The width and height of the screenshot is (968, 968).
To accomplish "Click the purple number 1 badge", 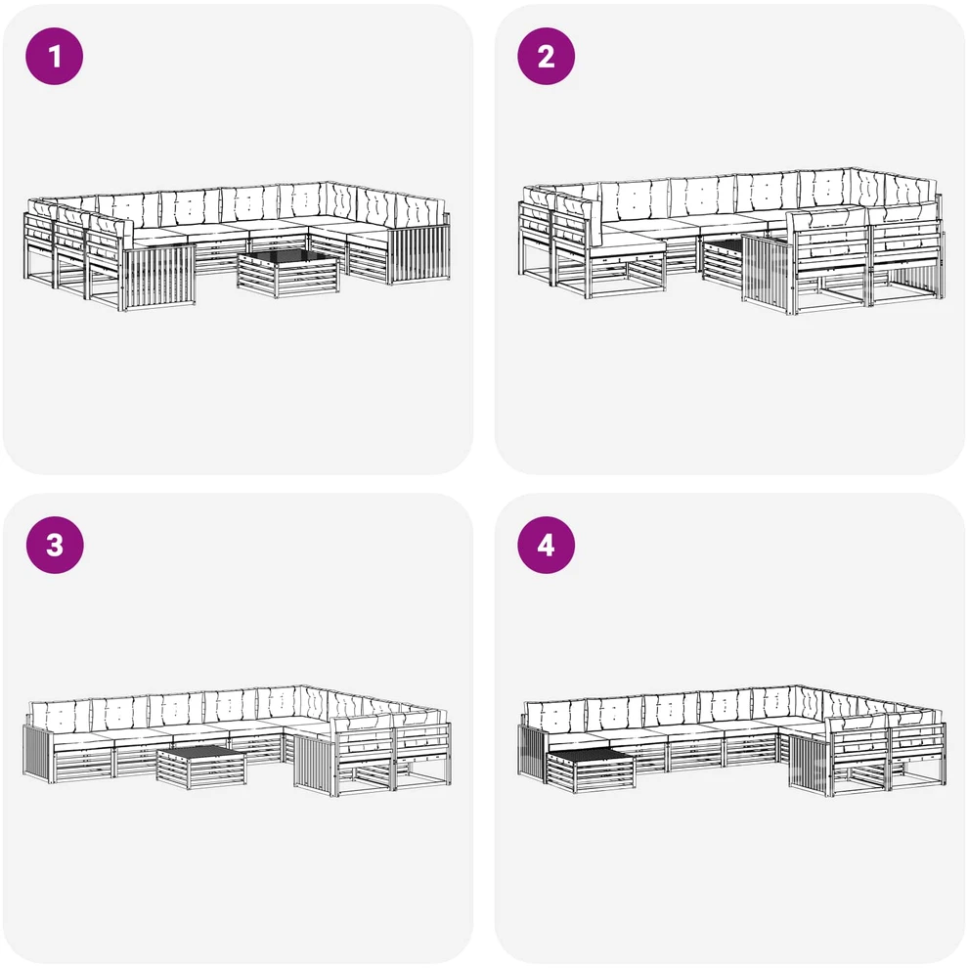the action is [55, 56].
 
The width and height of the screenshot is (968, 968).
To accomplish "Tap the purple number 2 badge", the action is [546, 56].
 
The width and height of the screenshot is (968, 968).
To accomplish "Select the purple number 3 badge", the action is [55, 545].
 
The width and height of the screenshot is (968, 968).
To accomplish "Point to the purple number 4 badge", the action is [546, 545].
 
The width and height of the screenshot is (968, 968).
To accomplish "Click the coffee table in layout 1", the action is [287, 273].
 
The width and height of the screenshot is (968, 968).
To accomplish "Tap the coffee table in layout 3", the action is [200, 766].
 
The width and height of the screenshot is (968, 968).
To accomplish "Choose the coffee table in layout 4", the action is [591, 770].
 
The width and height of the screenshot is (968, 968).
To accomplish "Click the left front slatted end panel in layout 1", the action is [160, 277].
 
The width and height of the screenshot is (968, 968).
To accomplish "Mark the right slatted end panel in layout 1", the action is [419, 254].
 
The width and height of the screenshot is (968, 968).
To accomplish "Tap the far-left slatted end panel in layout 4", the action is [533, 751].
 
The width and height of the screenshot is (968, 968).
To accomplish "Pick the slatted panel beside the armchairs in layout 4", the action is [810, 762].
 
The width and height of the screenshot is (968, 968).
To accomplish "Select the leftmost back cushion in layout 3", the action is [60, 715].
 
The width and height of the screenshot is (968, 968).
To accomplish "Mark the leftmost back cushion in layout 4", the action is [554, 715].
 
